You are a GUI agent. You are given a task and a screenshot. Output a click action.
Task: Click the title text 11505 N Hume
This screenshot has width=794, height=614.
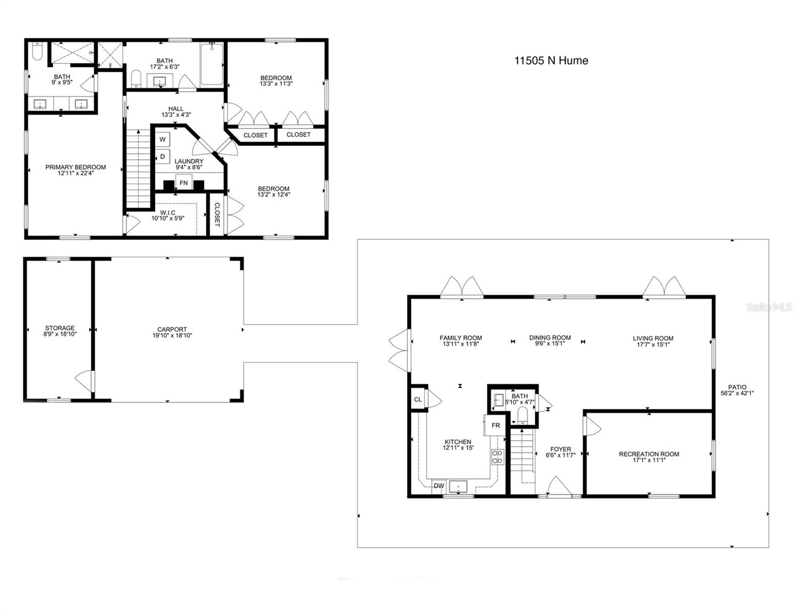[551, 60]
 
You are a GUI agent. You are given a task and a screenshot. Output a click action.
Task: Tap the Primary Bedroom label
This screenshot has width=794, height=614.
[76, 167]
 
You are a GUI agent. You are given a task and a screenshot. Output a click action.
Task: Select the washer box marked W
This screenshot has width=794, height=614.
[163, 139]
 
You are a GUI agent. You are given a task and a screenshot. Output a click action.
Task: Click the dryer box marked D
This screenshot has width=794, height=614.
[163, 157]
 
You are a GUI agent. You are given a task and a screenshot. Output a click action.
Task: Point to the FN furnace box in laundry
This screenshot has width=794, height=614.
[184, 183]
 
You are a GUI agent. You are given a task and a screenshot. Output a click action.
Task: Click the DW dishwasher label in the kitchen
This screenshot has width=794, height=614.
[439, 486]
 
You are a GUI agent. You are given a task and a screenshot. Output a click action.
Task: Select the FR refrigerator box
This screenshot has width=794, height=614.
[495, 425]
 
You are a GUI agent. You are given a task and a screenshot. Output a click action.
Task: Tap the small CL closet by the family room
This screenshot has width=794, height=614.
[418, 399]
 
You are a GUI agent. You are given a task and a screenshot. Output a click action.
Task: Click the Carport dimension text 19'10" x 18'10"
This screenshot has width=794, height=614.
[172, 336]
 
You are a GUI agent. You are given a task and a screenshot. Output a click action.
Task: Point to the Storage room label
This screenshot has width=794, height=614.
[60, 328]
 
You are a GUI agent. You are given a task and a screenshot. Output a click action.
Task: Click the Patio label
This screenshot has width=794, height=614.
[737, 387]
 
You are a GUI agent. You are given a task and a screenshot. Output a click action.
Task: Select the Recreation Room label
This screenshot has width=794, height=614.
[649, 454]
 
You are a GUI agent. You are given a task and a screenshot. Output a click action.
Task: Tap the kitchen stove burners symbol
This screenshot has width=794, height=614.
[497, 456]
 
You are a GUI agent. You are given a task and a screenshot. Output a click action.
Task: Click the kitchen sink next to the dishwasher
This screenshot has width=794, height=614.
[459, 487]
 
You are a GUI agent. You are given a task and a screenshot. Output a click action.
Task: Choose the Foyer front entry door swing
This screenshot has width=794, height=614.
[559, 487]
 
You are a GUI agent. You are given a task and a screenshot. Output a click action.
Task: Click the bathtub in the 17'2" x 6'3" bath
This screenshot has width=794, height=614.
[212, 64]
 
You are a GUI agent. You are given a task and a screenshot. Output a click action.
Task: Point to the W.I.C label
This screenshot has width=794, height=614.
[168, 212]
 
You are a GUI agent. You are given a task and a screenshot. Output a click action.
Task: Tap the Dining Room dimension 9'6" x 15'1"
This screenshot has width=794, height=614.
[550, 344]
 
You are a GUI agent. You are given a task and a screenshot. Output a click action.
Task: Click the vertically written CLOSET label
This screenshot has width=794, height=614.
[217, 214]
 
